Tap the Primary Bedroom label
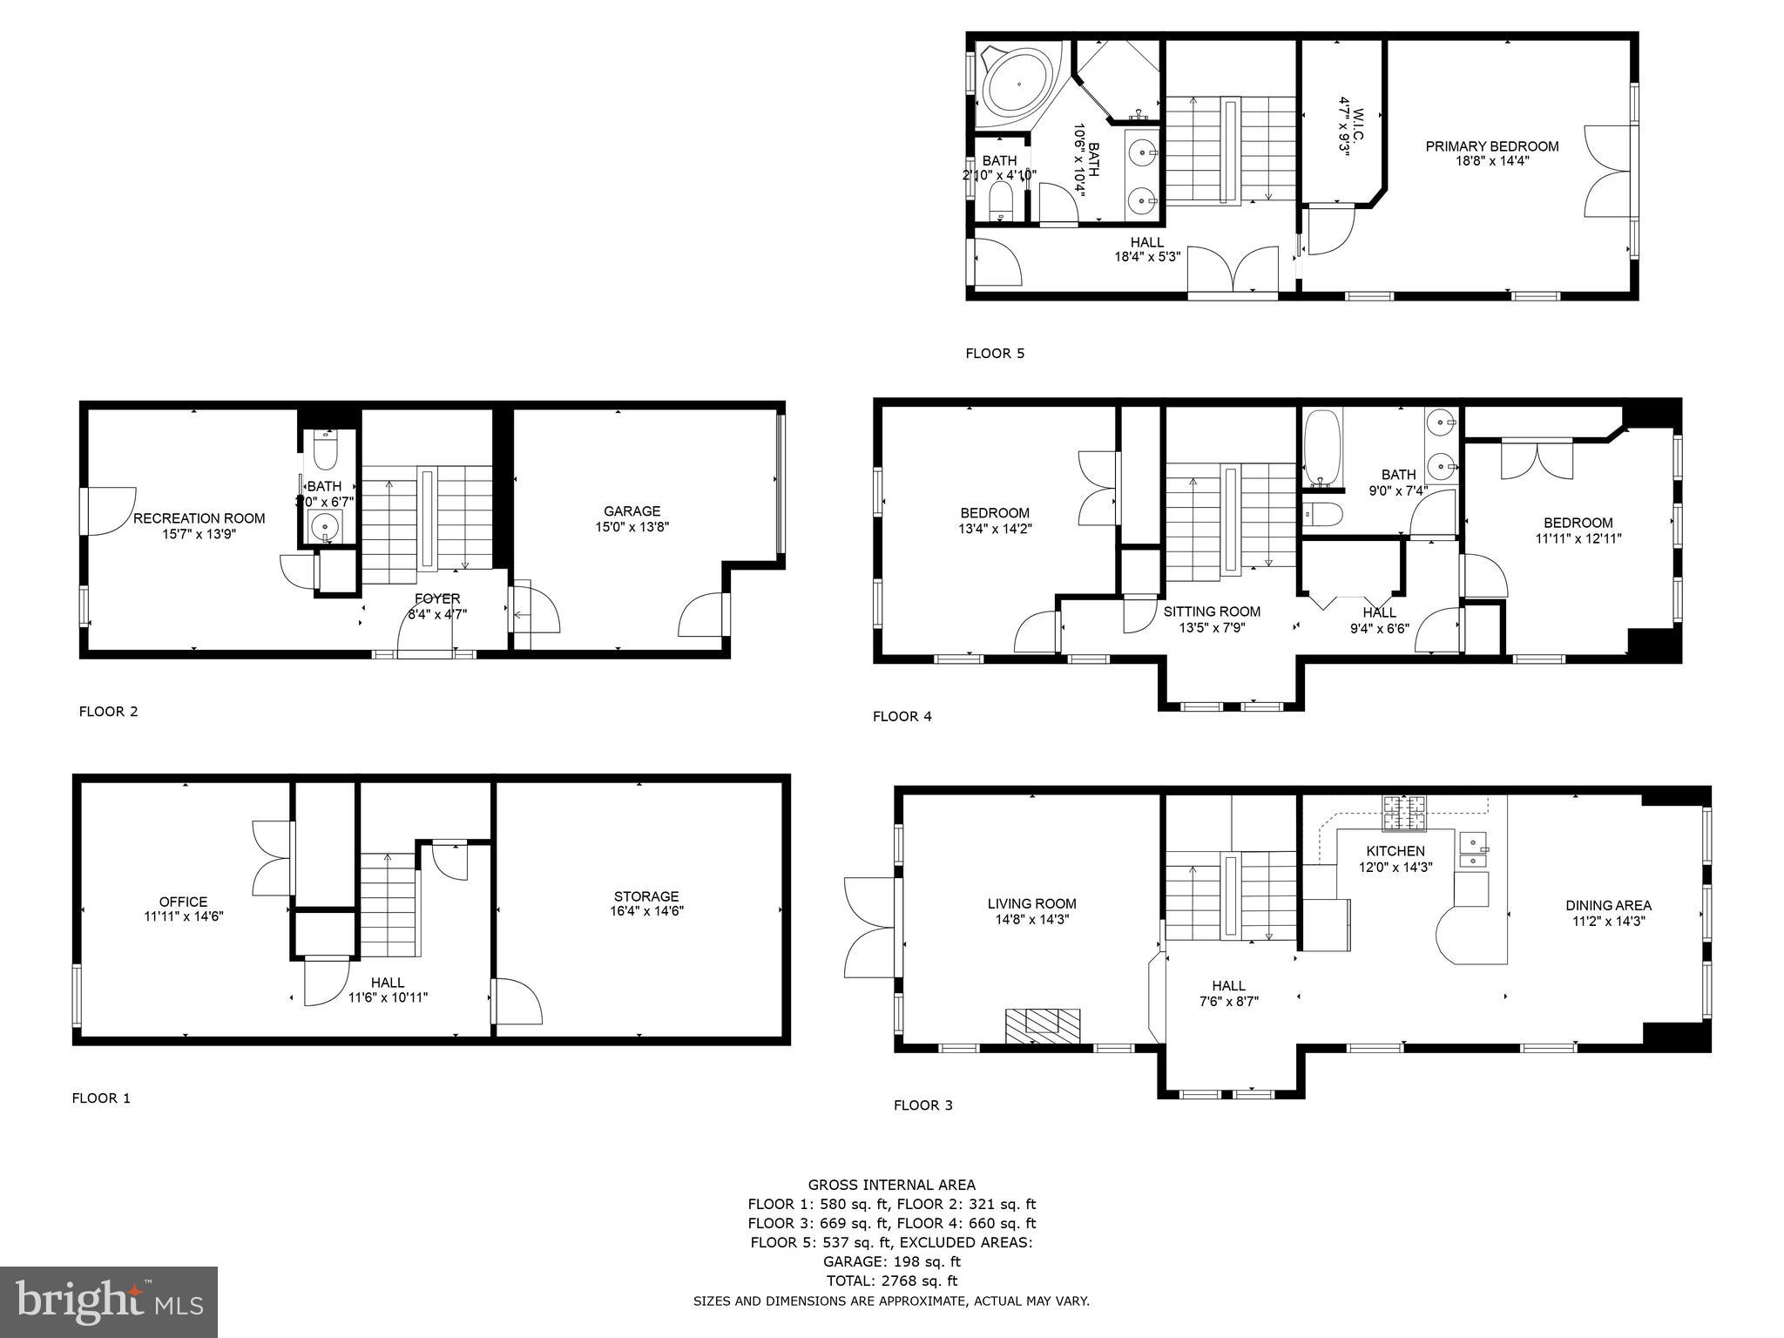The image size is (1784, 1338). pos(1491,146)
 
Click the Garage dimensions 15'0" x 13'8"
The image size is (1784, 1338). pos(632,527)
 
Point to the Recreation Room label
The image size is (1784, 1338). pos(199,518)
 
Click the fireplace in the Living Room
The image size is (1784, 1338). pos(1043,1025)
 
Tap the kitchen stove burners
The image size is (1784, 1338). pos(1404,813)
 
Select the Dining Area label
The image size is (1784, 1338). pos(1608,905)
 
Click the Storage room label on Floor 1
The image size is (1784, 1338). pos(645,896)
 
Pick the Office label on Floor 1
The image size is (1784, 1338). pos(183,902)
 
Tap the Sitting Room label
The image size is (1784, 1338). pos(1212,612)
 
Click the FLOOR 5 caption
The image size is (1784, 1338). pos(995,354)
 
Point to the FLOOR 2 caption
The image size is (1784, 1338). pos(108,712)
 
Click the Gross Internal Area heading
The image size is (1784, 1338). pos(891,1185)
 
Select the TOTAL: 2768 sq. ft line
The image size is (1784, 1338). pos(891,1281)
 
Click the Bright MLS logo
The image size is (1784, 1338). pos(109,1301)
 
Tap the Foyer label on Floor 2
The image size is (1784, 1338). pos(437,599)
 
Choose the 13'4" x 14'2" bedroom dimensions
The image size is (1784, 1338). pos(995,528)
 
